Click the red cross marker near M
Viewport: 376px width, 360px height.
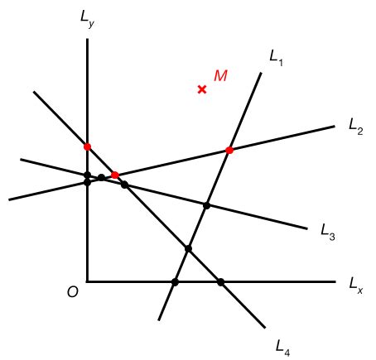(x=202, y=89)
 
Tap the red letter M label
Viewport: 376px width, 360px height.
(x=220, y=76)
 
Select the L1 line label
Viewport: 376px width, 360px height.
(x=277, y=57)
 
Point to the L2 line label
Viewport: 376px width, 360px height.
(x=356, y=128)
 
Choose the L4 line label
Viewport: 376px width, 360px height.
(x=283, y=343)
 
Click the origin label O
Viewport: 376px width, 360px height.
(x=73, y=292)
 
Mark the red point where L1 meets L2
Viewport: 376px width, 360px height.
(x=229, y=150)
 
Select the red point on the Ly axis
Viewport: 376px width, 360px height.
(x=87, y=146)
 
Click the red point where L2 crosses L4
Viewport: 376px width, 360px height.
(x=114, y=175)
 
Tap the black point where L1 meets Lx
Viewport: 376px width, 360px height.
(x=175, y=282)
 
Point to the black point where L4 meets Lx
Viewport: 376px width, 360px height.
(x=220, y=282)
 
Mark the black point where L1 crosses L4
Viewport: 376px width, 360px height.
(x=188, y=248)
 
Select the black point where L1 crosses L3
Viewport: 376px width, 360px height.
(x=207, y=205)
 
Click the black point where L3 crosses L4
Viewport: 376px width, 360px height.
(x=124, y=185)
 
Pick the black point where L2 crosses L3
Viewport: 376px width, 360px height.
(x=101, y=178)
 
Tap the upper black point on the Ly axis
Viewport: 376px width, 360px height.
(x=87, y=175)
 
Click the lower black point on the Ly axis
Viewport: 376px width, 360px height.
(x=87, y=181)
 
